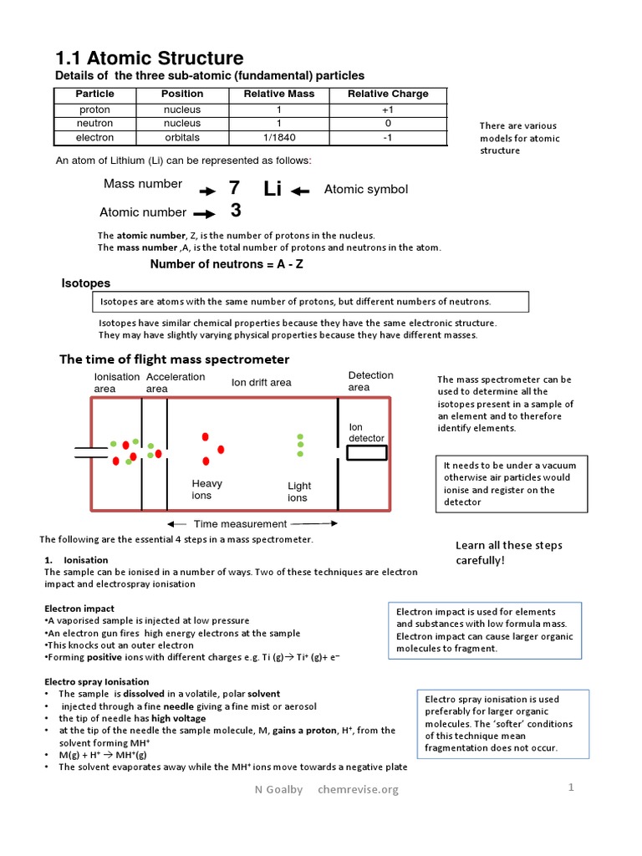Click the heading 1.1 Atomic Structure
(149, 58)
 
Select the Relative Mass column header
(278, 94)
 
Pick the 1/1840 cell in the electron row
(278, 137)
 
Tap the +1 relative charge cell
(387, 110)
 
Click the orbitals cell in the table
(182, 137)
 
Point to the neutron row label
(94, 123)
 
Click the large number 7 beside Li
(234, 189)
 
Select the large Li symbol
(273, 189)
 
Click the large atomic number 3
(236, 211)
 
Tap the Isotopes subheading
(86, 283)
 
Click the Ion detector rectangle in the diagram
(367, 452)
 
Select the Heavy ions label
(206, 489)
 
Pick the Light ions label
(298, 492)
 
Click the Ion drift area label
(261, 382)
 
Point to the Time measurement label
(240, 524)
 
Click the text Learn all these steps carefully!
(508, 552)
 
